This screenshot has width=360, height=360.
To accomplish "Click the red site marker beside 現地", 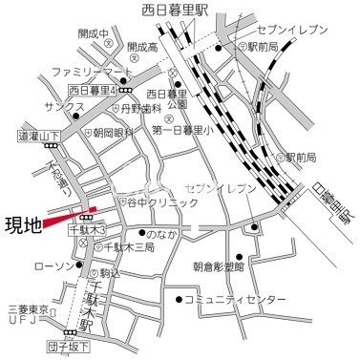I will pyautogui.click(x=69, y=216).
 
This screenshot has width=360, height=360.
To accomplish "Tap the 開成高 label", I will pyautogui.click(x=140, y=46).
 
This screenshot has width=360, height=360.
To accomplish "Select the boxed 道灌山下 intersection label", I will pyautogui.click(x=38, y=137).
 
